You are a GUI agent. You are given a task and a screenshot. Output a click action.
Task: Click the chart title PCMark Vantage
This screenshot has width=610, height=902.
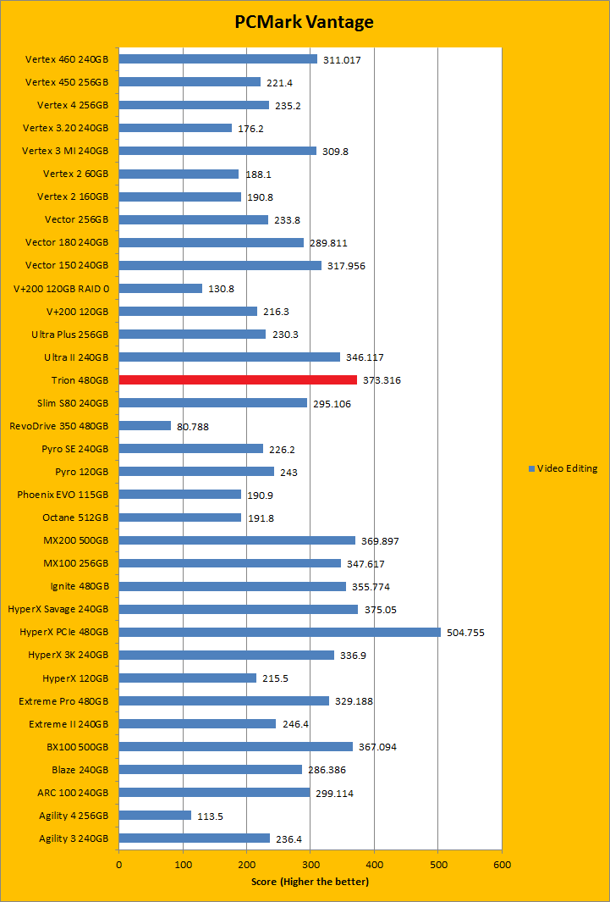click(x=305, y=22)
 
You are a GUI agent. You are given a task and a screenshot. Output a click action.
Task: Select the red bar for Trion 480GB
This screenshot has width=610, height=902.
click(x=238, y=379)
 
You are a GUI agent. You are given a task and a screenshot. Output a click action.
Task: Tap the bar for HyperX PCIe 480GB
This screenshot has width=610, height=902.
click(x=279, y=632)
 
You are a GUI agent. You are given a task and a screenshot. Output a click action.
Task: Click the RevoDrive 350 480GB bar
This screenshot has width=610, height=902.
click(x=145, y=425)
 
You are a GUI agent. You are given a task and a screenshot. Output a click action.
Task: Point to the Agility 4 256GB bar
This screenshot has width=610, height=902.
click(x=155, y=815)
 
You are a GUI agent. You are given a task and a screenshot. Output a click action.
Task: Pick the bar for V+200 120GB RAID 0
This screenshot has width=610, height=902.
click(x=161, y=288)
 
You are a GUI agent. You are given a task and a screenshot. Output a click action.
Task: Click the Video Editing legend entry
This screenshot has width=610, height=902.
click(x=563, y=468)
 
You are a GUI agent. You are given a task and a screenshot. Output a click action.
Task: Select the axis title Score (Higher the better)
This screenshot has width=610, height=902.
click(x=310, y=882)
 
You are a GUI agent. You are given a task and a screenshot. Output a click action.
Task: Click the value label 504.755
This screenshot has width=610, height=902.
click(x=466, y=633)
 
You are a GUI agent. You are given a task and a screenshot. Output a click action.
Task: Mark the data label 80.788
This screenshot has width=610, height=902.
click(x=193, y=426)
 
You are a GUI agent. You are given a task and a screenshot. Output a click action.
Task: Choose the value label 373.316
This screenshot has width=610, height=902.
click(x=382, y=380)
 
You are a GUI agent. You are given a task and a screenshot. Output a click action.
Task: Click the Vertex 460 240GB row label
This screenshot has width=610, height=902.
click(x=67, y=59)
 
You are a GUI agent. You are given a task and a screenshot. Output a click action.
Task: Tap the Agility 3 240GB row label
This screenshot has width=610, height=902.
click(x=74, y=838)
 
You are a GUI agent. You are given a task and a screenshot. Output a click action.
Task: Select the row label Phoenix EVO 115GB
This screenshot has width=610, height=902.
click(x=63, y=494)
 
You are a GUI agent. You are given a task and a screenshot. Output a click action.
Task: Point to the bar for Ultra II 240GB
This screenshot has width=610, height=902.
click(x=229, y=357)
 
